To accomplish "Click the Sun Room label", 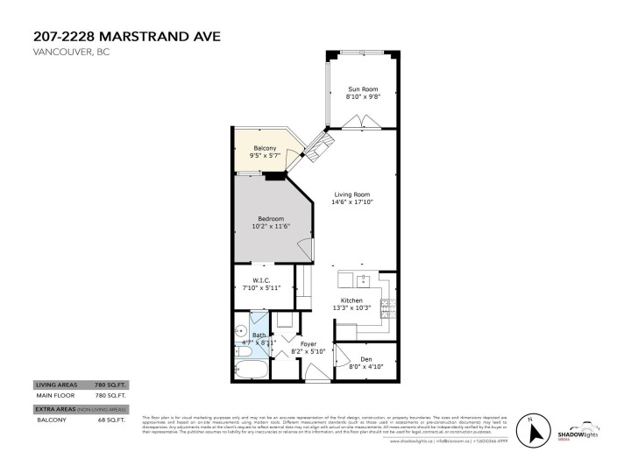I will (362, 88).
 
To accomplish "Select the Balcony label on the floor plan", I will (265, 148).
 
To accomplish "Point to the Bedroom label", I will (270, 218).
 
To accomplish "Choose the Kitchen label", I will (351, 300).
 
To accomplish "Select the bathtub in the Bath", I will (251, 369).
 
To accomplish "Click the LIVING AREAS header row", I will (79, 385).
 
